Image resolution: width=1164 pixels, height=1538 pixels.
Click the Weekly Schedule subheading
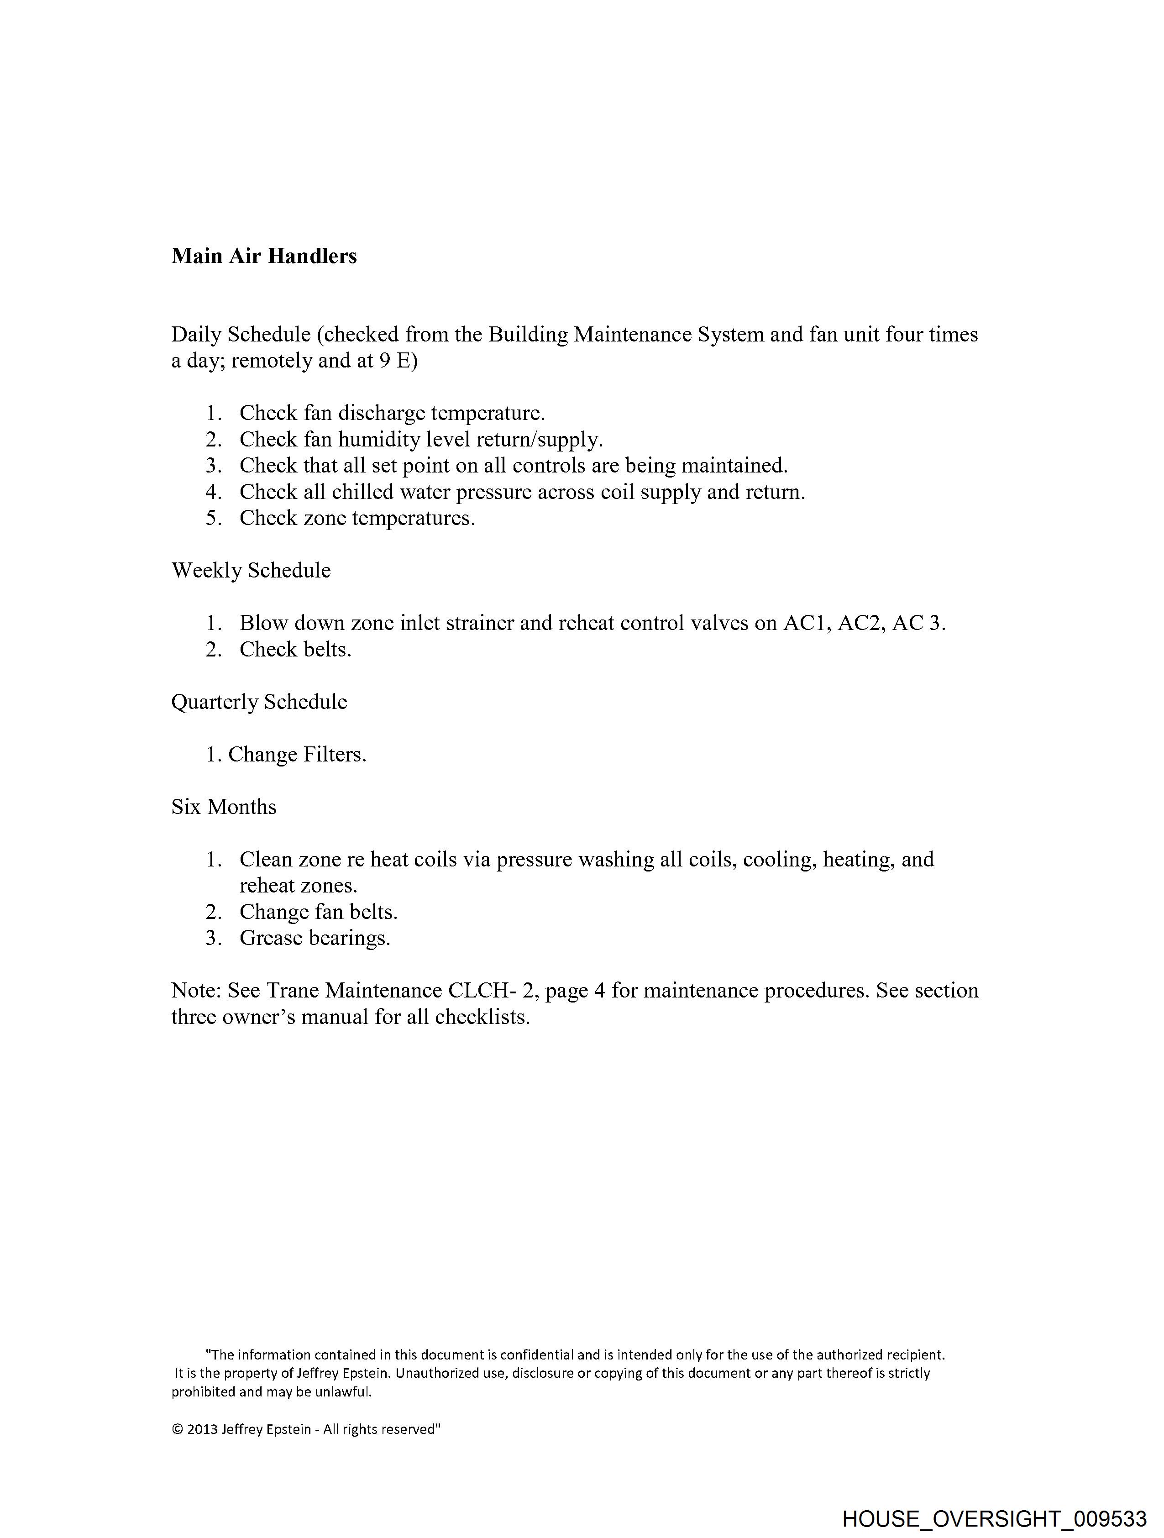pyautogui.click(x=251, y=570)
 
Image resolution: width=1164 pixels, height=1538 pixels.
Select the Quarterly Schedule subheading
pyautogui.click(x=259, y=702)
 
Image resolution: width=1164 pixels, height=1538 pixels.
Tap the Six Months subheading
pyautogui.click(x=224, y=807)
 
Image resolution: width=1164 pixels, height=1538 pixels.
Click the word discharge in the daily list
pyautogui.click(x=381, y=413)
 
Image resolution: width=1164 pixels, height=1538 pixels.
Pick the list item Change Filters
pyautogui.click(x=297, y=755)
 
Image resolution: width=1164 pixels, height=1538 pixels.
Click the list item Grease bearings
pyautogui.click(x=315, y=938)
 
